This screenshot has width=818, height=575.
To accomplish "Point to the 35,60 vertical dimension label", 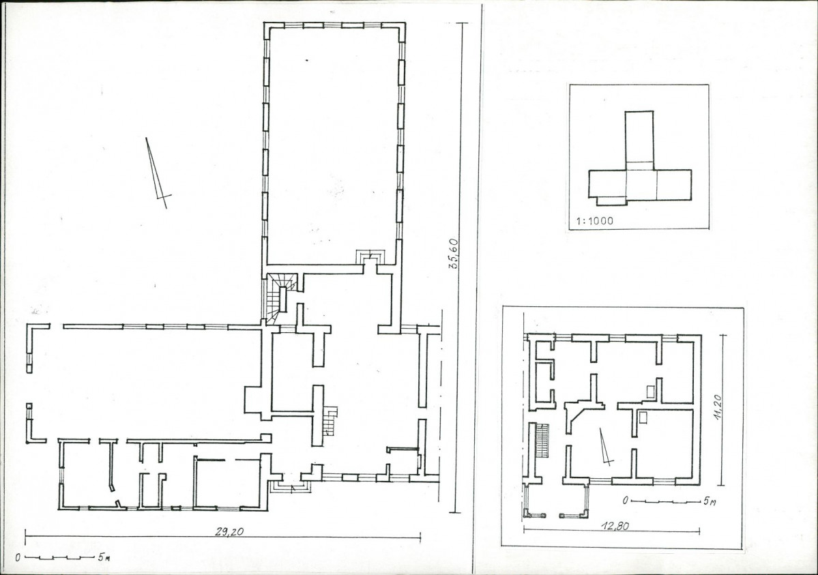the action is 453,254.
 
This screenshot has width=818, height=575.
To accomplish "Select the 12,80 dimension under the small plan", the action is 617,526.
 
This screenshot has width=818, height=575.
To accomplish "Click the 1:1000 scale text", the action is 595,221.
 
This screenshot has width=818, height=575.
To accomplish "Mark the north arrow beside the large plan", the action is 158,173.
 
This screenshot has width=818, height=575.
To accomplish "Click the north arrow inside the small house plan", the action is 606,447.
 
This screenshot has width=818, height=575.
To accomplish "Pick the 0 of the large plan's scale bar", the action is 18,557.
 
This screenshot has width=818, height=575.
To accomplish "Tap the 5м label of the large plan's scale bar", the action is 103,557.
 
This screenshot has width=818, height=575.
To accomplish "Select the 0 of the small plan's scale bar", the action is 625,501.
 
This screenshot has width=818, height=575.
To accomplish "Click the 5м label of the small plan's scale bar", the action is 708,501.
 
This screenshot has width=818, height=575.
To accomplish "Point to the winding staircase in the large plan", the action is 279,298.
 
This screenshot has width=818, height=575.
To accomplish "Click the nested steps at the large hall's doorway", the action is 370,257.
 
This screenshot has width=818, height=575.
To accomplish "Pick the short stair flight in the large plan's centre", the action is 330,421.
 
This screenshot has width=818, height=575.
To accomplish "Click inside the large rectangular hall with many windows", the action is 334,145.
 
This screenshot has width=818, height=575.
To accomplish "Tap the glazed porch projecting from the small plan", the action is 557,500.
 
